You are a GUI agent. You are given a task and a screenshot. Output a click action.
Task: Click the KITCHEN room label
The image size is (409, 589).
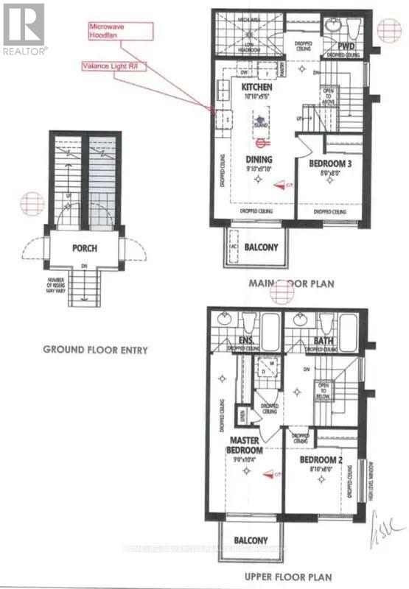tap(257, 88)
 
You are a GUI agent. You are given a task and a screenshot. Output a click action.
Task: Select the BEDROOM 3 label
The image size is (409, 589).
tap(328, 163)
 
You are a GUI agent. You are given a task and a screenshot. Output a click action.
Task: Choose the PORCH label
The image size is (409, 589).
tap(85, 248)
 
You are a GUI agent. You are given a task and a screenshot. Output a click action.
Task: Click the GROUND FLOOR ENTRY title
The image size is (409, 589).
tap(95, 350)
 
